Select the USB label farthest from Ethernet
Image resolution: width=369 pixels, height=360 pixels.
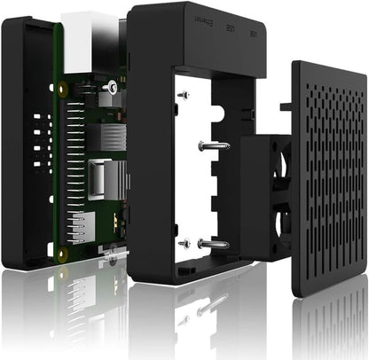point(253,35)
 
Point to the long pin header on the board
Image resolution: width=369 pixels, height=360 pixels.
point(72,168)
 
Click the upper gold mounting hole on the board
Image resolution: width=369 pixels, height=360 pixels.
point(61,90)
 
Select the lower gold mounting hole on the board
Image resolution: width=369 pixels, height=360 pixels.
point(62,254)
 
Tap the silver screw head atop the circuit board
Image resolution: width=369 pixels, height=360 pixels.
point(111,86)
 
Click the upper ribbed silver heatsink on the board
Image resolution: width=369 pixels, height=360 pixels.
point(112,136)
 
